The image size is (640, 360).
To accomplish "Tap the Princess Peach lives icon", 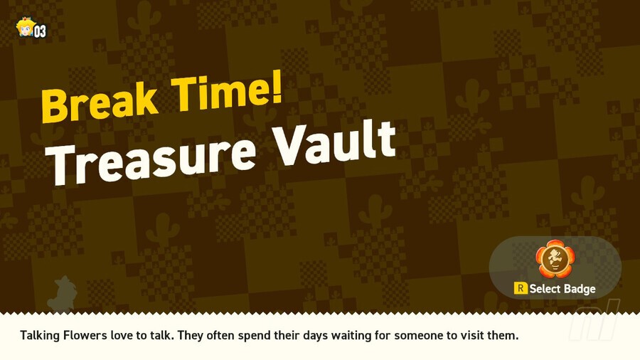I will (x=23, y=28).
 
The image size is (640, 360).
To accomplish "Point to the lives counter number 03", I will (x=40, y=31).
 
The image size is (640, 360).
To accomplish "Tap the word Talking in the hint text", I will (x=41, y=334).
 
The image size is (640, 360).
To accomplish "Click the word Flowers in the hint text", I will (x=87, y=334).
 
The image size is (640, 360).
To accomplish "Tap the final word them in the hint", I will (x=504, y=334).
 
